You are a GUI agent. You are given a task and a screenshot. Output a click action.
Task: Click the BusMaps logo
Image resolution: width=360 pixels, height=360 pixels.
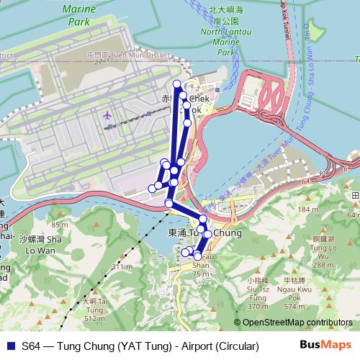pyautogui.click(x=325, y=346)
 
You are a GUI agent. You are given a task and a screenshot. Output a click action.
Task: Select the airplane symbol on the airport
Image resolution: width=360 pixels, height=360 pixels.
pyautogui.click(x=109, y=114)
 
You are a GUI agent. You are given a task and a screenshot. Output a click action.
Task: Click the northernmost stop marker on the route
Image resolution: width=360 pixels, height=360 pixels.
pyautogui.click(x=176, y=84)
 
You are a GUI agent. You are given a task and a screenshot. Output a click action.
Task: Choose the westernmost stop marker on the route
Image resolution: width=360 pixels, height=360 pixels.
pyautogui.click(x=152, y=188)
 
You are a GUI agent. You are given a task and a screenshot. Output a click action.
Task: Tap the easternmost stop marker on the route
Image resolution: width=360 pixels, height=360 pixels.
pyautogui.click(x=208, y=233)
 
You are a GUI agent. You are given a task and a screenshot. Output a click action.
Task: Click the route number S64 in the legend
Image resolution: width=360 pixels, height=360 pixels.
pyautogui.click(x=32, y=346)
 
